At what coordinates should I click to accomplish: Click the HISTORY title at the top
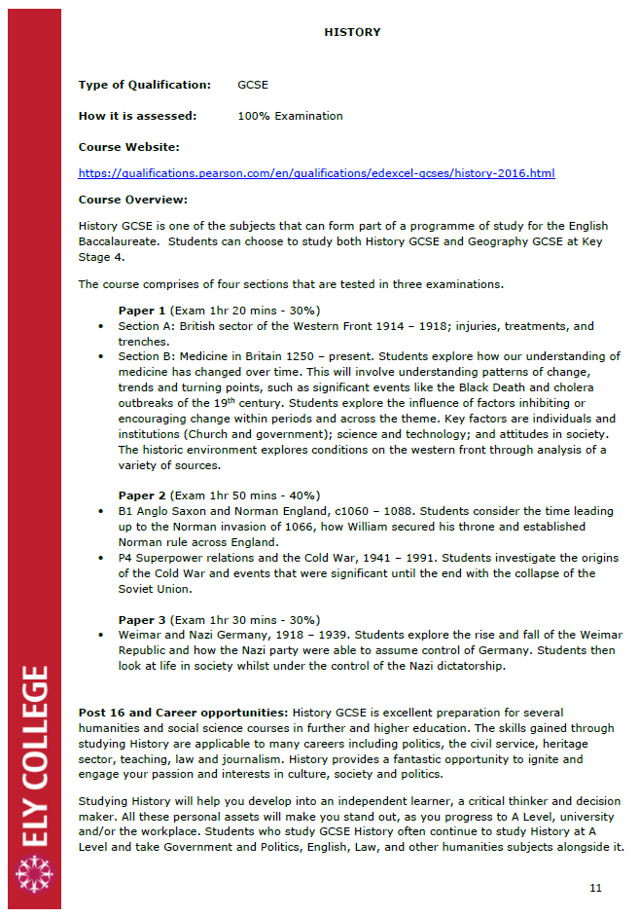point(352,32)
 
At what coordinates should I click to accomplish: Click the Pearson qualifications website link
point(316,173)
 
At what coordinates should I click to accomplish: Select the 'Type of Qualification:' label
point(144,86)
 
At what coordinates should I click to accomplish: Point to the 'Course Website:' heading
point(129,147)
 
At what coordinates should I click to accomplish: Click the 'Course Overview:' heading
point(132,201)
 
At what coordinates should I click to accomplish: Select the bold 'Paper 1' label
point(141,311)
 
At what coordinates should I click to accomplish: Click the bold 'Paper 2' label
point(141,495)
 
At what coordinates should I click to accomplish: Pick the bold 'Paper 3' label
point(141,619)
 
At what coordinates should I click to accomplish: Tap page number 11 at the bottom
point(596,888)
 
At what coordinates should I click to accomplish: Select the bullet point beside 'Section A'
point(102,326)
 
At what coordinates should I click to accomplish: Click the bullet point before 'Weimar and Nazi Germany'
point(102,635)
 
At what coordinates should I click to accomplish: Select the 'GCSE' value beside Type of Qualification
point(253,86)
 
